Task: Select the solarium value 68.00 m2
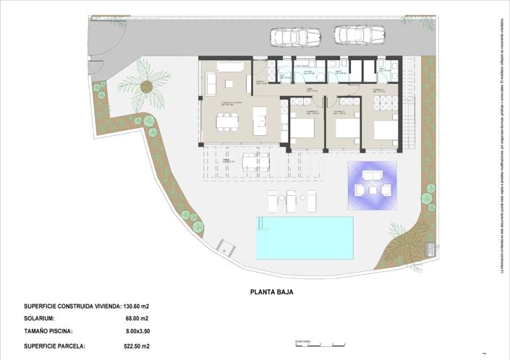click(136, 319)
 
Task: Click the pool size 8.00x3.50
click(137, 332)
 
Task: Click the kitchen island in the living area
click(260, 121)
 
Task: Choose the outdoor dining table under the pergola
click(255, 160)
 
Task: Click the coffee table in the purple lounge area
click(373, 190)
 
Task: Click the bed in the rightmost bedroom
click(384, 130)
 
